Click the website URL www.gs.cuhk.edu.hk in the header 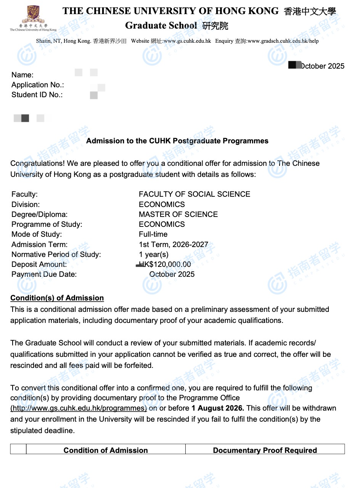[187, 41]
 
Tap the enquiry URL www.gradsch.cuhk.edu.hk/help [283, 41]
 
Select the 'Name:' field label [22, 75]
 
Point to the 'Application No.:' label [38, 85]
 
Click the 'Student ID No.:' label [37, 95]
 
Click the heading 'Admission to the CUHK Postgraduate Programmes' [177, 141]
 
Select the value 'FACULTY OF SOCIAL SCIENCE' [194, 194]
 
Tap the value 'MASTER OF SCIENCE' [178, 214]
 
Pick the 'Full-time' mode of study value [153, 234]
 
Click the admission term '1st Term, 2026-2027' [174, 244]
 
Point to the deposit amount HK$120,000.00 [165, 264]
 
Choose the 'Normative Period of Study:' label [56, 254]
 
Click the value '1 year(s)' [153, 254]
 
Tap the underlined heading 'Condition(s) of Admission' [57, 298]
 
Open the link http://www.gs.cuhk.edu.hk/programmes [79, 408]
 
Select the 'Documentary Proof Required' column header [265, 450]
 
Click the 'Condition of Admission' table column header [106, 450]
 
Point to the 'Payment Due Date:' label [44, 274]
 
